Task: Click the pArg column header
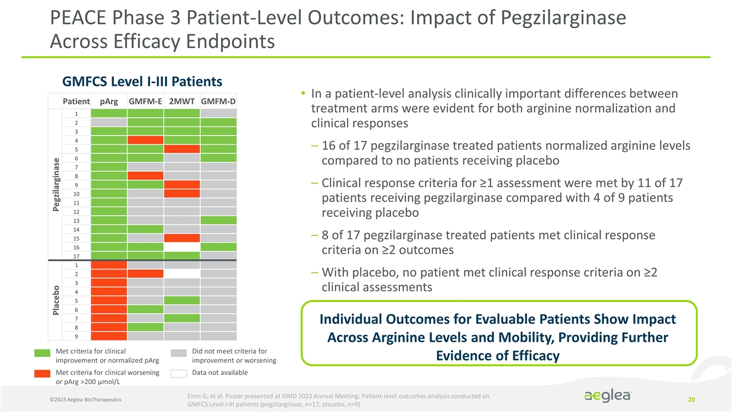click(x=109, y=101)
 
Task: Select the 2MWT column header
click(x=181, y=101)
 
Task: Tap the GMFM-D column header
click(x=218, y=101)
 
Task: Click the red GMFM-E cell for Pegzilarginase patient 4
click(x=145, y=140)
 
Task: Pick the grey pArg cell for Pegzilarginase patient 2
click(x=109, y=122)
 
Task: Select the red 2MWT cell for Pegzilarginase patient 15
click(x=181, y=237)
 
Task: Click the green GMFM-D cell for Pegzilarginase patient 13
click(x=218, y=220)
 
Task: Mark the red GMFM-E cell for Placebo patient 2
click(x=145, y=274)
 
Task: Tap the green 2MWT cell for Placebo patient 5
click(x=181, y=300)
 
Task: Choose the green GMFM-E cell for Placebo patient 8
click(x=145, y=327)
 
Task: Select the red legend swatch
click(x=41, y=374)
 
